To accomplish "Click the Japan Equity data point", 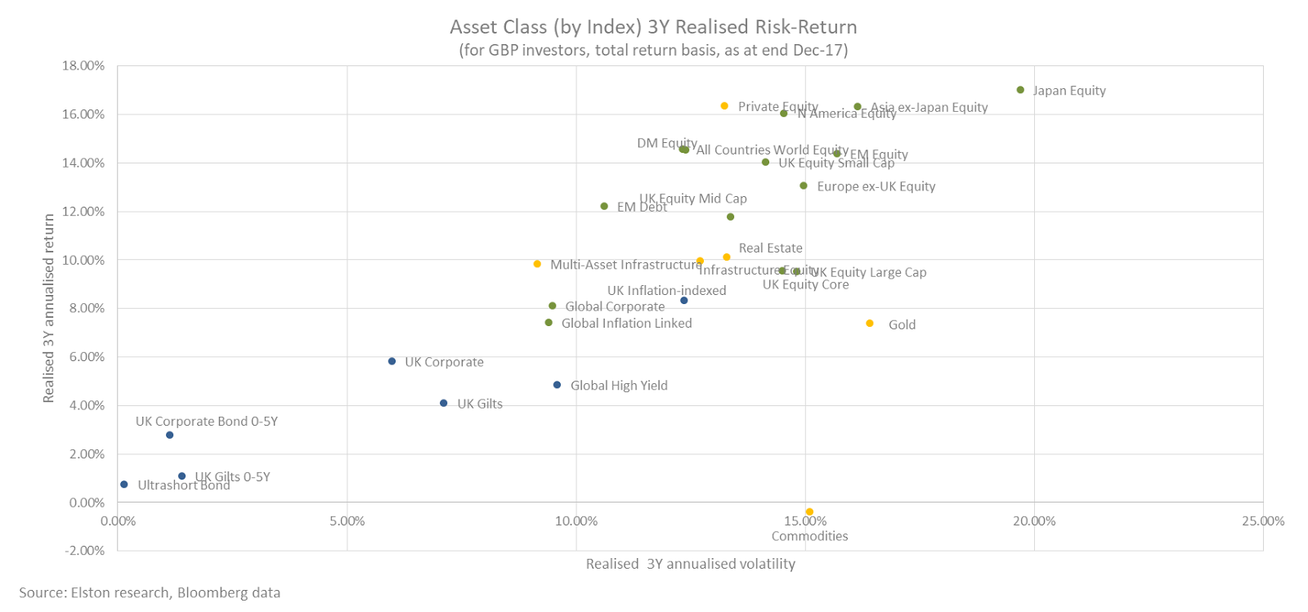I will click(x=1020, y=90).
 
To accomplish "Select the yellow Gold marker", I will click(x=870, y=324).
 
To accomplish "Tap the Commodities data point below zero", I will click(x=809, y=511).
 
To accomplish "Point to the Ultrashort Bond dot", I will click(x=124, y=485).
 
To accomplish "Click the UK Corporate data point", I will click(x=392, y=361).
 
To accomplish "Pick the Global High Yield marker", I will click(x=558, y=385).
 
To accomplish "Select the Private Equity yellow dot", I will click(x=724, y=106).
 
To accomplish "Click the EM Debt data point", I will click(x=604, y=206).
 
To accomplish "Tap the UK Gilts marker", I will click(x=444, y=403).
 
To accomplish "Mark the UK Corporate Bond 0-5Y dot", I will click(x=170, y=435).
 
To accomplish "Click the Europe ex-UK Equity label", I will click(x=876, y=186).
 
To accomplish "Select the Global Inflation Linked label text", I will click(x=626, y=324).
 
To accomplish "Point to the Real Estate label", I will click(x=770, y=248).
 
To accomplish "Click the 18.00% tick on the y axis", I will click(x=83, y=65).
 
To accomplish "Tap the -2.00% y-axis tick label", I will click(x=85, y=550).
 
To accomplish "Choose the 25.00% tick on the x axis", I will click(x=1262, y=520).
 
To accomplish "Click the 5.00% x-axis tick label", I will click(x=347, y=520).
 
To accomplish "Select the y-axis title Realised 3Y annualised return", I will click(x=49, y=308).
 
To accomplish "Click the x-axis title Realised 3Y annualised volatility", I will click(x=690, y=564).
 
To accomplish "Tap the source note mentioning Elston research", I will click(x=150, y=592).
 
